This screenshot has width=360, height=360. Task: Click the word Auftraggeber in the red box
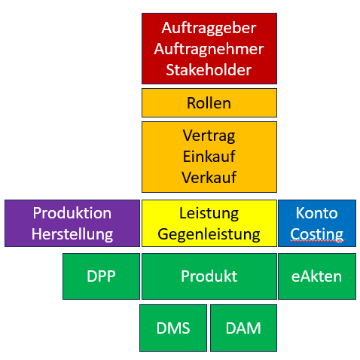(209, 28)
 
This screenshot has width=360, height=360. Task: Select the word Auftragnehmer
(209, 49)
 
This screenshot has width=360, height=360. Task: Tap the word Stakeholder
(209, 70)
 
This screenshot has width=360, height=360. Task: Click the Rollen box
(209, 102)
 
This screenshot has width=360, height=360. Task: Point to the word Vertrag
(209, 136)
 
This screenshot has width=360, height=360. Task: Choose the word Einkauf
(209, 157)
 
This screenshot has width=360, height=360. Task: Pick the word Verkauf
(209, 178)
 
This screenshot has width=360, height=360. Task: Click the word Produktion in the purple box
(72, 213)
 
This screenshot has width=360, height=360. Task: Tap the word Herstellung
(72, 235)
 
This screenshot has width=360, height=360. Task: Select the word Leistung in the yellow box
(209, 214)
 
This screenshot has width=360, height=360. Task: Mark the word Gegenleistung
(209, 235)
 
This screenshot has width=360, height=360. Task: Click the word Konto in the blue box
(317, 213)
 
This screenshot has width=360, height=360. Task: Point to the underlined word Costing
(317, 235)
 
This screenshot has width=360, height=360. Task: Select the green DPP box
(101, 276)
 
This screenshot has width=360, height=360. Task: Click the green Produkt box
(209, 276)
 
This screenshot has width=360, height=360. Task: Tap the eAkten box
(317, 276)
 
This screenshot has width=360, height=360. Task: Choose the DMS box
(173, 328)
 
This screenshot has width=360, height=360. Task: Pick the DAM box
(243, 328)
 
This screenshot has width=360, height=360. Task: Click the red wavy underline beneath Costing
(317, 241)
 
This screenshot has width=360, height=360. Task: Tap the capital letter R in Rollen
(192, 103)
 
